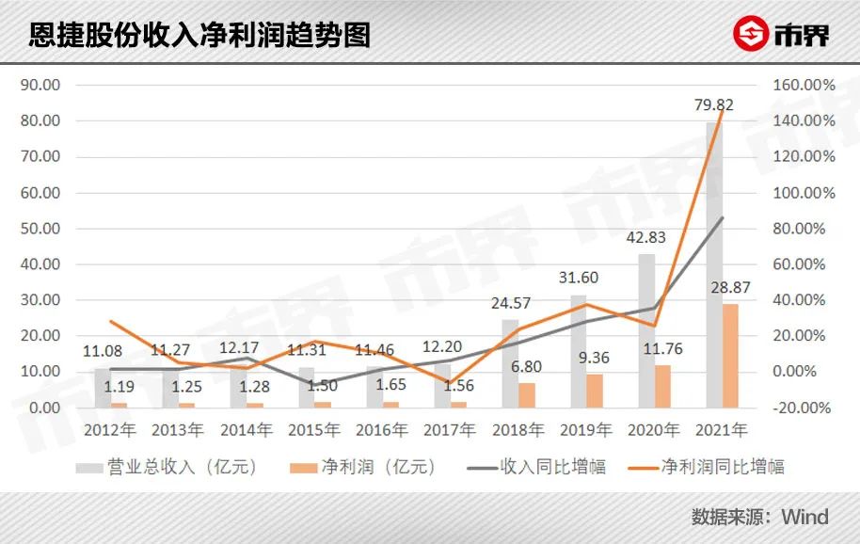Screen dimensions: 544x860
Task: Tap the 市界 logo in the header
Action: [x=782, y=35]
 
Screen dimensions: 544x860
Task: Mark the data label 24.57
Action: [x=512, y=303]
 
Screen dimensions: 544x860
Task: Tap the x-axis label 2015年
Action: [x=313, y=431]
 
